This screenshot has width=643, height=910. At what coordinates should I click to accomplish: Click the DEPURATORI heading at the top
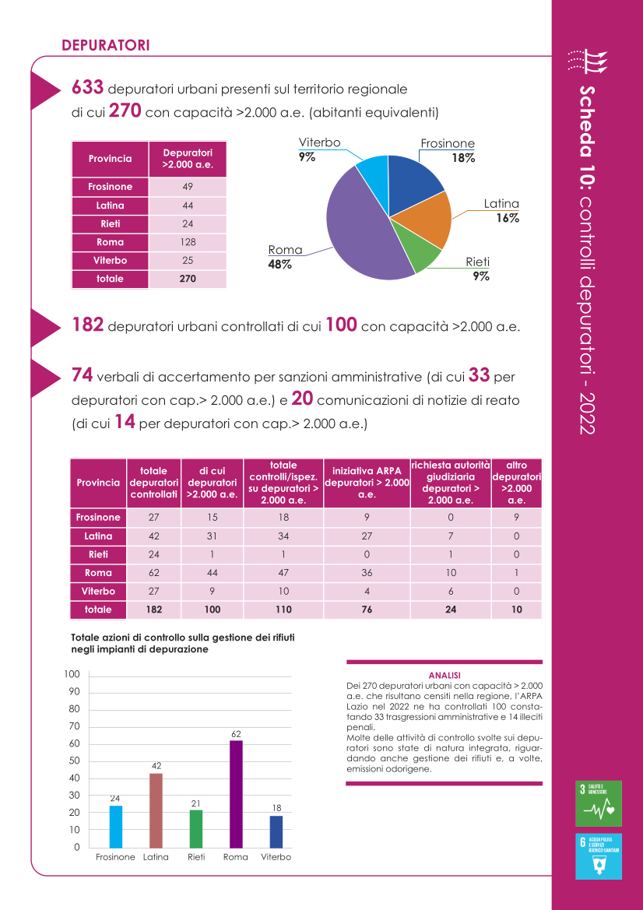coord(106,45)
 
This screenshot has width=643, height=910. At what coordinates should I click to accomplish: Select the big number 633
coord(88,88)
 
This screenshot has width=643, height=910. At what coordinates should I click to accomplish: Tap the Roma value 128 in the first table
coord(188,242)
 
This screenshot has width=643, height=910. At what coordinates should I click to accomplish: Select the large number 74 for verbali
coord(82,375)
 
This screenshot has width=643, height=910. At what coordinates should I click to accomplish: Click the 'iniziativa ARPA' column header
coord(367,483)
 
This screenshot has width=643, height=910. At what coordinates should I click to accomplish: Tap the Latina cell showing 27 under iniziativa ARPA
coord(367,536)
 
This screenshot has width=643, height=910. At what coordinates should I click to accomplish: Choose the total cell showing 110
coord(284,610)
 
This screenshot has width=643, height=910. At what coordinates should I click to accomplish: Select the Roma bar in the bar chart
coord(236,793)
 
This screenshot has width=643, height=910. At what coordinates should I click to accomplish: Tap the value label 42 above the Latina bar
coord(156,766)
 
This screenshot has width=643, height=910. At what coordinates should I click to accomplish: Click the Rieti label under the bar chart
coord(196,857)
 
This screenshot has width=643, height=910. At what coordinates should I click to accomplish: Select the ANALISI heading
coord(444,676)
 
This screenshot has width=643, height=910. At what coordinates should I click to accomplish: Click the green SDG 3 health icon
coord(599,803)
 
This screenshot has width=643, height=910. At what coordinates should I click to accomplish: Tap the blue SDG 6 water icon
coord(599,856)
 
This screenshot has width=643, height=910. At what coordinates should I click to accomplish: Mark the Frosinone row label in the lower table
coord(98,517)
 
